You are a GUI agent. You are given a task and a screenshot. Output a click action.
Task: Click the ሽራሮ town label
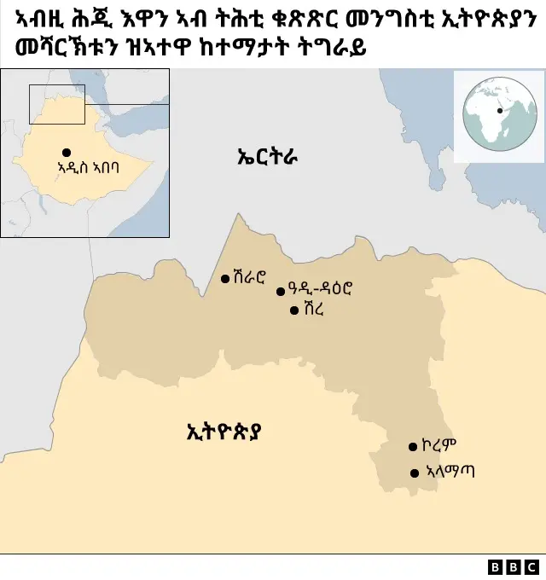click(x=249, y=277)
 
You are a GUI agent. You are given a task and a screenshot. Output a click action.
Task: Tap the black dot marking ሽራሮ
click(x=225, y=278)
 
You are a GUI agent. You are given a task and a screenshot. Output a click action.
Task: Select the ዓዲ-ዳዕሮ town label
click(x=320, y=290)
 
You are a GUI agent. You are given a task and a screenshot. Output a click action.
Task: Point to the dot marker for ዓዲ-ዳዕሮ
click(x=281, y=291)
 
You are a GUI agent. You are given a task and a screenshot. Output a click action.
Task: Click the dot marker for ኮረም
click(x=414, y=446)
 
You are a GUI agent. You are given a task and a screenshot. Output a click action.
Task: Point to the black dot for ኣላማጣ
click(x=415, y=473)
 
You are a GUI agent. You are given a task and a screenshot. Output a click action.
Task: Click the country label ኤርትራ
click(x=266, y=156)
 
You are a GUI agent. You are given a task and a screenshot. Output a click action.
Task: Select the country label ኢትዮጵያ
click(x=224, y=431)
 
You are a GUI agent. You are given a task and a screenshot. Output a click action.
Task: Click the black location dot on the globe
click(x=500, y=110)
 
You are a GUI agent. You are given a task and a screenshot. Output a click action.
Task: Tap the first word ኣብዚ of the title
click(x=39, y=19)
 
